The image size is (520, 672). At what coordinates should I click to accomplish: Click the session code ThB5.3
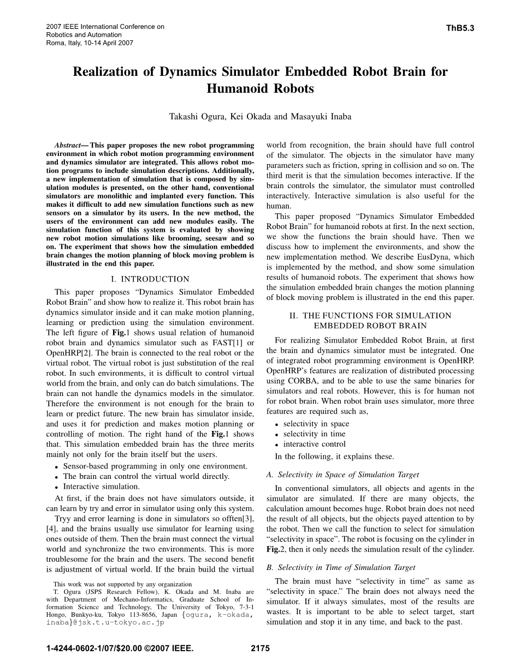pos(460,27)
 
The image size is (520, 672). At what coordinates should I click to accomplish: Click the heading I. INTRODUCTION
pos(150,279)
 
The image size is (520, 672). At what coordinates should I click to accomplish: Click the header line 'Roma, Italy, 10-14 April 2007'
pos(90,43)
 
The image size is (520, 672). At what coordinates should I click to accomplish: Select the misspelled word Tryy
pos(64,518)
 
